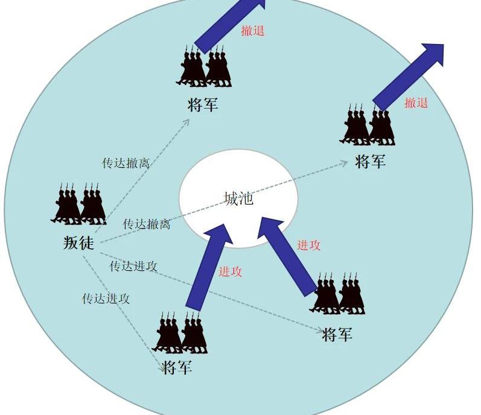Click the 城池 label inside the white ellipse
coord(238,198)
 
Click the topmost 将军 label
coord(203,104)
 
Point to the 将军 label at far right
coord(370,162)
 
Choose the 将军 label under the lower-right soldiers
coord(337,334)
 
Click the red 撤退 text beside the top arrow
coord(253,31)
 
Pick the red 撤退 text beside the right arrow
coord(416,103)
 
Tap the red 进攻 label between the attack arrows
coord(230,271)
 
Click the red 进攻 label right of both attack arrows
coord(308,245)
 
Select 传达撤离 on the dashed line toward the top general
coord(126,163)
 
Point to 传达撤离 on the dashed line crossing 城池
coord(147,224)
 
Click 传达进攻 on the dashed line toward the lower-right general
coord(133,266)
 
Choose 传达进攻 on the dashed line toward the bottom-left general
coord(106,298)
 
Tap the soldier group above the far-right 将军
coord(366,126)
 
